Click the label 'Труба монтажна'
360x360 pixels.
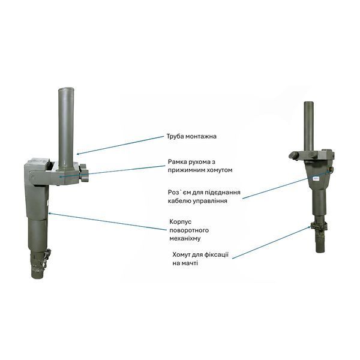tap(191, 136)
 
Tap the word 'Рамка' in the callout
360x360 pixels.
tap(178, 162)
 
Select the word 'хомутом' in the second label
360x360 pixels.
tap(218, 170)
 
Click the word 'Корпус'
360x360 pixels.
tap(181, 222)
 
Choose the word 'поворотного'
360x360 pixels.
tap(189, 230)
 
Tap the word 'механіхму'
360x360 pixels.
tap(185, 239)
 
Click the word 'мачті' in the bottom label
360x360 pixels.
tap(190, 263)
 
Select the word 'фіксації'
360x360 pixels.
tap(215, 255)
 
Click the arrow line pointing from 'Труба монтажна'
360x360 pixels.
tap(119, 145)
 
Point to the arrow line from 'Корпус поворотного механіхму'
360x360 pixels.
tap(107, 221)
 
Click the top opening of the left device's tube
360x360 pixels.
tap(66, 89)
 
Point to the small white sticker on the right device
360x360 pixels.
tap(317, 178)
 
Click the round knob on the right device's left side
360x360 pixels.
tap(293, 155)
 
